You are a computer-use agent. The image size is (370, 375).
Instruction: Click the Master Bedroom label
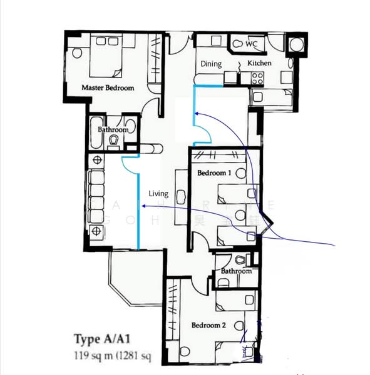point(108,88)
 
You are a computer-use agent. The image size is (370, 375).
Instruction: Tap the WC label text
point(252,44)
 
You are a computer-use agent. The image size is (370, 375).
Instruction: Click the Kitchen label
point(259,64)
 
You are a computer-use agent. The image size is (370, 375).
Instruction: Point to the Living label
point(158,194)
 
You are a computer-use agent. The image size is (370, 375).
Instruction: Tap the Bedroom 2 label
point(208,325)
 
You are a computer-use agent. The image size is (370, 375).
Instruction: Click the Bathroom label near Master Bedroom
point(113,130)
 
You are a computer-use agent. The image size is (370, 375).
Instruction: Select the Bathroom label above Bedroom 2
point(236,271)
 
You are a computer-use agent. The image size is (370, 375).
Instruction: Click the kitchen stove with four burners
point(257,77)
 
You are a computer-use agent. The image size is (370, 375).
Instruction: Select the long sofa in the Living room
point(97,197)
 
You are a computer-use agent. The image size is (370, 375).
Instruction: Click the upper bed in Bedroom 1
point(235,193)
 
